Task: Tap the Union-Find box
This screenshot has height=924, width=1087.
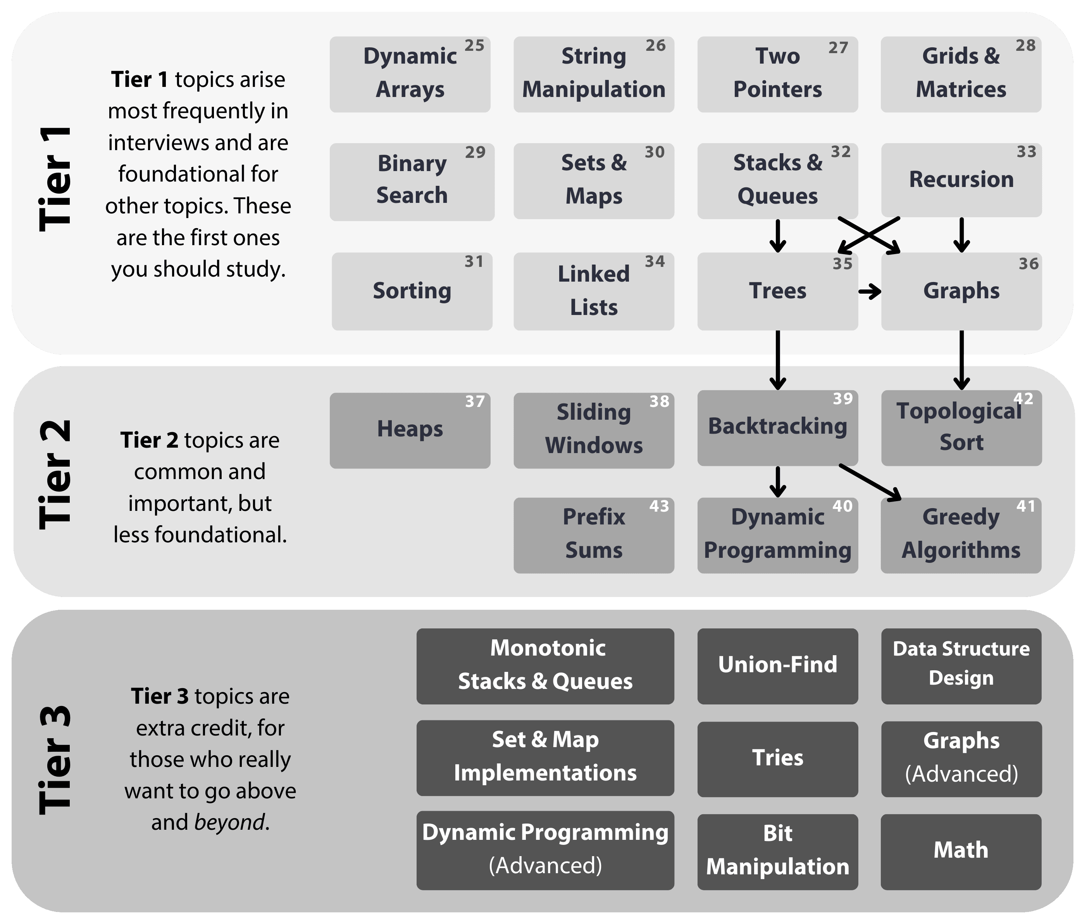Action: tap(777, 665)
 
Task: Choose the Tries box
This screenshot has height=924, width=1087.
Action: tap(777, 758)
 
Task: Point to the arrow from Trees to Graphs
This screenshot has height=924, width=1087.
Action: tap(869, 291)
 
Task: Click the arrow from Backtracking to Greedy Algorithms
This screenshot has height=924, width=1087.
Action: tap(870, 482)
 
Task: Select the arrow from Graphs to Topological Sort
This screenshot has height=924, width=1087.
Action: tap(961, 360)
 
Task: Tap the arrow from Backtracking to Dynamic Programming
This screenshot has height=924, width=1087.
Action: tap(778, 481)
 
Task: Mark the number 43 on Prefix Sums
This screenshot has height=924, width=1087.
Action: tap(659, 506)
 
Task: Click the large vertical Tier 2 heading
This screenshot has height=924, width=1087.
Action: tap(55, 474)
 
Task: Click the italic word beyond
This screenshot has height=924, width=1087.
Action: tap(229, 822)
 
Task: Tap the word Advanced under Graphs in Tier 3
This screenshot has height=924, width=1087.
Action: tap(961, 774)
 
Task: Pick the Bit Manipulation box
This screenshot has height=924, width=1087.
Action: tap(777, 851)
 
